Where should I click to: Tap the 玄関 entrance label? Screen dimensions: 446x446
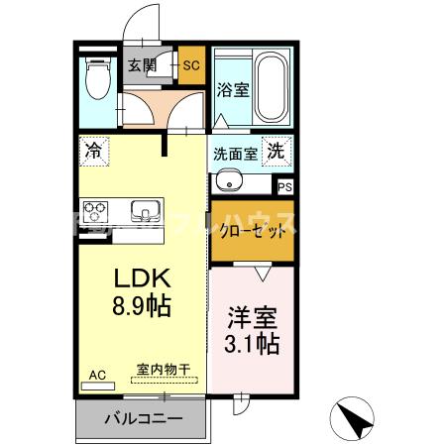pyautogui.click(x=141, y=66)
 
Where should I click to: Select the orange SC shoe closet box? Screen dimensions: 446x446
pyautogui.click(x=191, y=66)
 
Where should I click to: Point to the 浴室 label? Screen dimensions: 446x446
pyautogui.click(x=233, y=89)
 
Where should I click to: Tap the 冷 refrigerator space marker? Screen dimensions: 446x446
pyautogui.click(x=94, y=152)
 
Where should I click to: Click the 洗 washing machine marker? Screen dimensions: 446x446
pyautogui.click(x=278, y=153)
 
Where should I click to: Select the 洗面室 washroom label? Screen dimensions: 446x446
pyautogui.click(x=236, y=155)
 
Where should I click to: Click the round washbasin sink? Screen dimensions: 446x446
pyautogui.click(x=227, y=182)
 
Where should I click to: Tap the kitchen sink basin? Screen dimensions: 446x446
pyautogui.click(x=145, y=211)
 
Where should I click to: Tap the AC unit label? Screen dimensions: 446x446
pyautogui.click(x=97, y=375)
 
